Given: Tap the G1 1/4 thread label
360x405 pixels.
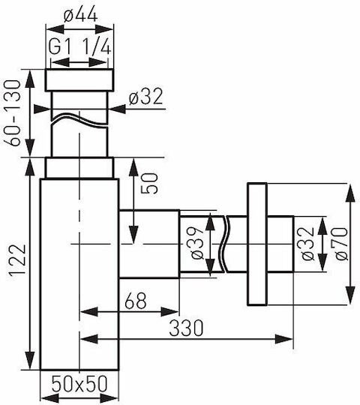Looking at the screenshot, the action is pos(79,47).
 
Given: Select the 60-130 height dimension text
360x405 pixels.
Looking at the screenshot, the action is pos(13,113).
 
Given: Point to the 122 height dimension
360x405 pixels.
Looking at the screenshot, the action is pos(17,261).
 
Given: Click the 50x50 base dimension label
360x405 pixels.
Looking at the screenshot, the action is pos(79,384).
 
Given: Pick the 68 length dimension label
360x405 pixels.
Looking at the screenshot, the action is pos(135,301).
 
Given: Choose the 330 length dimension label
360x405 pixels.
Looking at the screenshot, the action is pos(186,328).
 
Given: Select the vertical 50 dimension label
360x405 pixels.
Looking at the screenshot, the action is pos(149,183).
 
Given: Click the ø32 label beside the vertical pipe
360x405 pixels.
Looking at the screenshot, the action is pos(146,96).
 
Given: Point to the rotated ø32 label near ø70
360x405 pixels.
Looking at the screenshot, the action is pos(307,243).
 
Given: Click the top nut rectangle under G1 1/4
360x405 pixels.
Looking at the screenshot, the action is pos(79,80).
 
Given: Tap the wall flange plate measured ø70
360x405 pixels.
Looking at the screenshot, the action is pos(257,244).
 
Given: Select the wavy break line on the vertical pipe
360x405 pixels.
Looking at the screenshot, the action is pos(79,120).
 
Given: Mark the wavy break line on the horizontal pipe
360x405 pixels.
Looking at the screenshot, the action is pos(224,244).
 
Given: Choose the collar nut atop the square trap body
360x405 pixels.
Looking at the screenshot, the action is pos(79,168).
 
